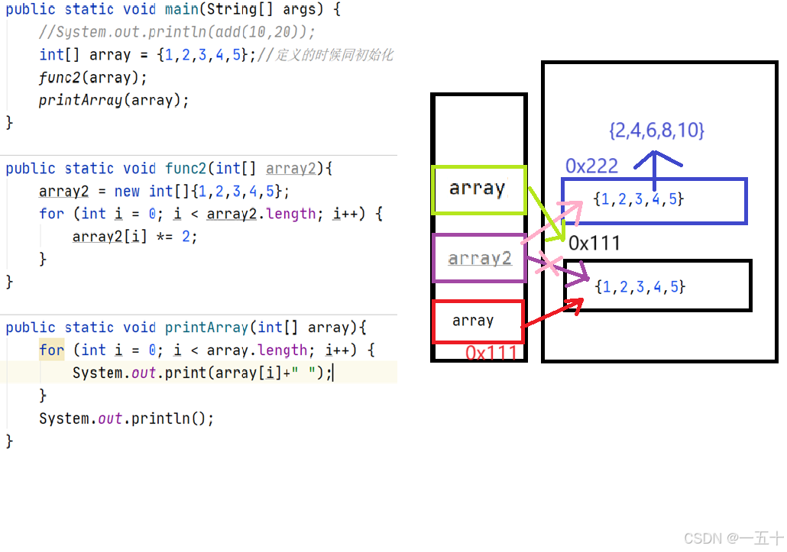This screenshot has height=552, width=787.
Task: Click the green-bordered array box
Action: click(x=479, y=189)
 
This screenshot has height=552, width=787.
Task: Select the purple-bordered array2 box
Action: click(x=479, y=259)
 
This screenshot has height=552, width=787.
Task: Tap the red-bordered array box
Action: click(x=478, y=321)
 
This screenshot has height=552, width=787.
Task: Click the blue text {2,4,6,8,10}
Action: click(x=656, y=131)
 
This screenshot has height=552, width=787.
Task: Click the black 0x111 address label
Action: click(x=594, y=244)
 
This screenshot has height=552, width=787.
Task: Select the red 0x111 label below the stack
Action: click(x=491, y=353)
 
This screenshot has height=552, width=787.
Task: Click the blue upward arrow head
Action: click(x=655, y=158)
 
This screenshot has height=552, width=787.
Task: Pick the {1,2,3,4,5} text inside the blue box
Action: click(x=638, y=200)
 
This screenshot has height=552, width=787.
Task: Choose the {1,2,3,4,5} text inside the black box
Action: click(x=640, y=287)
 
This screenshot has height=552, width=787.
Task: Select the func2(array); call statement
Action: click(x=92, y=78)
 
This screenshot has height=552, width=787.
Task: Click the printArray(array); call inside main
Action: click(x=113, y=100)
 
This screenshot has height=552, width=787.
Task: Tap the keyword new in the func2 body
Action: click(x=127, y=191)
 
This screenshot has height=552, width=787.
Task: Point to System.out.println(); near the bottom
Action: click(x=126, y=418)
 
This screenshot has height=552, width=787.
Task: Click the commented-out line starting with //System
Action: click(x=177, y=32)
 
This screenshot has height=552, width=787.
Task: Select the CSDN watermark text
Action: click(x=733, y=538)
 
